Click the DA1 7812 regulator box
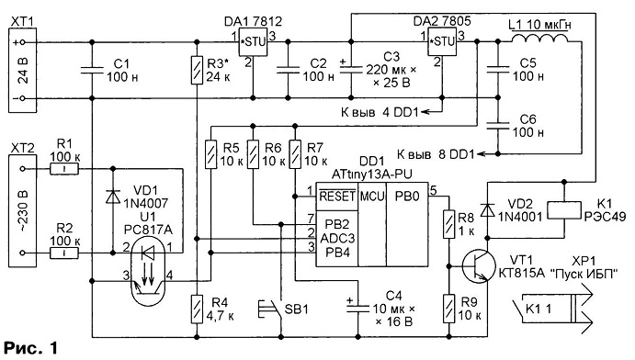(x=253, y=42)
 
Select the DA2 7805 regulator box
(x=443, y=42)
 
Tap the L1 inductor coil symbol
(x=539, y=38)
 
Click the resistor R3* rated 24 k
(x=197, y=70)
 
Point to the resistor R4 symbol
(x=197, y=309)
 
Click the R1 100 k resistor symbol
(x=64, y=169)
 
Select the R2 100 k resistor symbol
(x=64, y=253)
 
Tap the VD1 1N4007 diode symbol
(x=113, y=197)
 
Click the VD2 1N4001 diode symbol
(x=487, y=210)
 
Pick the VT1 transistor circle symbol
(x=479, y=266)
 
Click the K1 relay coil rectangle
(x=563, y=210)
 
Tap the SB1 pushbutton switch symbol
(x=270, y=309)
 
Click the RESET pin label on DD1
(x=337, y=197)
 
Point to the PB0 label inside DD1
(x=407, y=197)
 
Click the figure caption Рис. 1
(x=31, y=348)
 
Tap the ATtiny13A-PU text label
(x=371, y=174)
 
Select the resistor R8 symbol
(x=448, y=224)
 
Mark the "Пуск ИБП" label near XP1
(x=584, y=275)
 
